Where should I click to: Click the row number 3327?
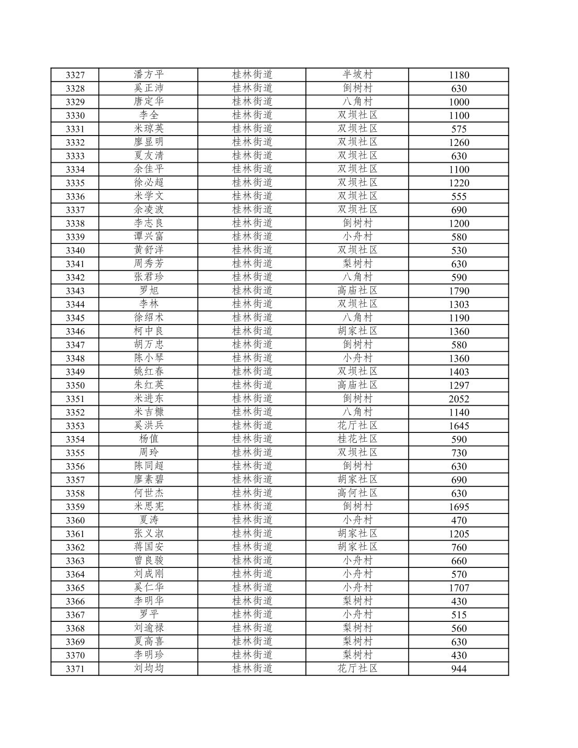75,75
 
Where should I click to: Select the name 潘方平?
149,75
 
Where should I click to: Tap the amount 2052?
459,399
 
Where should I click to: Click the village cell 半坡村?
357,75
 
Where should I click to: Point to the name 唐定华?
149,102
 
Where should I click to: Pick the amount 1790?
459,291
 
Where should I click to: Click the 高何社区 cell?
357,493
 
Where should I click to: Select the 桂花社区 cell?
357,439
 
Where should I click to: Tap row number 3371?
75,669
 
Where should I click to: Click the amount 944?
459,669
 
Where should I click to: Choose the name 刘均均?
149,668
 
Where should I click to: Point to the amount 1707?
459,588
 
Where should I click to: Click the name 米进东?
149,399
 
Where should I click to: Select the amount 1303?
459,305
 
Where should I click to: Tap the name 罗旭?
149,291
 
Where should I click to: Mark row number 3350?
75,385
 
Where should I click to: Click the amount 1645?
459,426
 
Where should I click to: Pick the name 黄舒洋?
149,250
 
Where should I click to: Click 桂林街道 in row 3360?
252,520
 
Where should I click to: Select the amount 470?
459,520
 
